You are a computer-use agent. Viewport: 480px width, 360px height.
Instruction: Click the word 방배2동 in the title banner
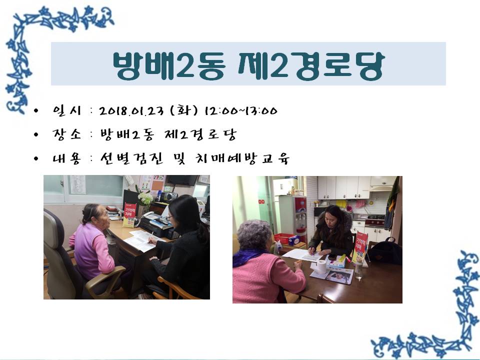(169, 65)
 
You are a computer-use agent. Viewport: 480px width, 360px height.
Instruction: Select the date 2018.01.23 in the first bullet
(131, 110)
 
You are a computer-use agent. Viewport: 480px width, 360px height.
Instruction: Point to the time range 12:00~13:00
(241, 110)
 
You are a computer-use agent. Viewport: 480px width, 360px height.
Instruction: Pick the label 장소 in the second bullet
(67, 134)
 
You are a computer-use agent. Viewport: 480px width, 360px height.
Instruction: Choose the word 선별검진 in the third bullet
(132, 158)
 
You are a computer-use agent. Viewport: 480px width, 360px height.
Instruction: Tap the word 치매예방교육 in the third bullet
(242, 158)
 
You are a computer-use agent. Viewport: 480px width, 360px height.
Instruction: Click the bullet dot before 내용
(36, 158)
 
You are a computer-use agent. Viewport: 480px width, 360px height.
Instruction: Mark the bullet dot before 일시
(36, 110)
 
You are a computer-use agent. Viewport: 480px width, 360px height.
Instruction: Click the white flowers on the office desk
(144, 198)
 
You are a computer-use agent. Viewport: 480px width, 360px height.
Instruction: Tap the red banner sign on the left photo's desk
(129, 215)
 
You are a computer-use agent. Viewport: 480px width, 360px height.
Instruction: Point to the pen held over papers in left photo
(150, 237)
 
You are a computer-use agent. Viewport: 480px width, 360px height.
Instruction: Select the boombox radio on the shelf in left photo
(171, 196)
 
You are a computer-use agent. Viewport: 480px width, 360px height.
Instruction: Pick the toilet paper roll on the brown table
(321, 266)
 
